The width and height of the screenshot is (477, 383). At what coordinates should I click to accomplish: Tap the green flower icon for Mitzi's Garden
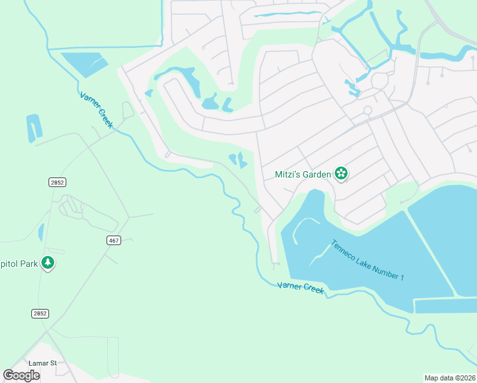pyautogui.click(x=341, y=174)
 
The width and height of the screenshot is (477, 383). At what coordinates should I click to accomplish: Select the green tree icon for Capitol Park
pyautogui.click(x=47, y=263)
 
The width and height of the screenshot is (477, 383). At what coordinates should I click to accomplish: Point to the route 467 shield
pyautogui.click(x=114, y=240)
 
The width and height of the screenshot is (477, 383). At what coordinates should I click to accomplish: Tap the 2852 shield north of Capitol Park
pyautogui.click(x=57, y=183)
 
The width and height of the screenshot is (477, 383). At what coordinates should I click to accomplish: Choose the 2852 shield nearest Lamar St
pyautogui.click(x=40, y=313)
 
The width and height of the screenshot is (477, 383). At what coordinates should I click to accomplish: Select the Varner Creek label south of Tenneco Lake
pyautogui.click(x=300, y=288)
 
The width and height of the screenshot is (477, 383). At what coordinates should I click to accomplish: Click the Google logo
pyautogui.click(x=21, y=375)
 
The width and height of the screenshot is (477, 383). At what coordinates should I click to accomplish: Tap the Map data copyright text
pyautogui.click(x=450, y=377)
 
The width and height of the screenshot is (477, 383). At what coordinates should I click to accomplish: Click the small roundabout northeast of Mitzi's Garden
pyautogui.click(x=367, y=110)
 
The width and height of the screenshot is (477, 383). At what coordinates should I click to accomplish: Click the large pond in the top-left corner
pyautogui.click(x=85, y=64)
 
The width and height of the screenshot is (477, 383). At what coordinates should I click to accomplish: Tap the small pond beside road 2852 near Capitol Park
pyautogui.click(x=41, y=232)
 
